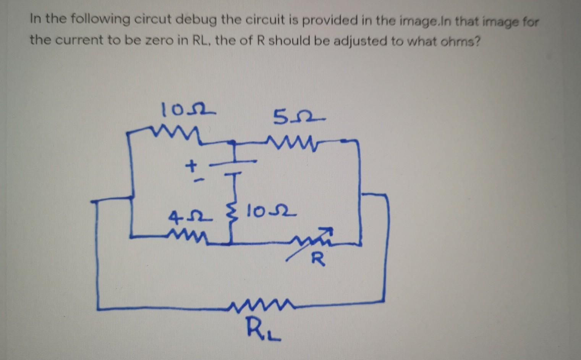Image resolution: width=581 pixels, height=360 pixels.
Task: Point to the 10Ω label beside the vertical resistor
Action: click(270, 211)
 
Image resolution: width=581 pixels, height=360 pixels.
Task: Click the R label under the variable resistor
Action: click(318, 260)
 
